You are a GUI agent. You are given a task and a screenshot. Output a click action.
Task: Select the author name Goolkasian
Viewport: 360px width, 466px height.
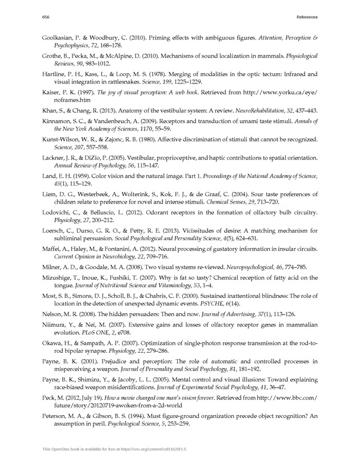(x=62, y=37)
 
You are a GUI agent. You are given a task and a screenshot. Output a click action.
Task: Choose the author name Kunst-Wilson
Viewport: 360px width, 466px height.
(x=64, y=140)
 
